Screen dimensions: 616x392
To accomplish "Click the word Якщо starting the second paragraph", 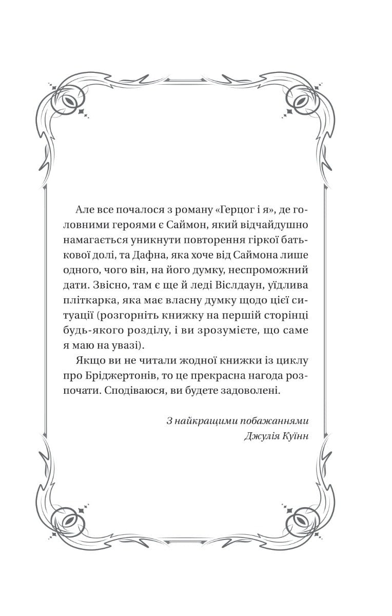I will (88, 360).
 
